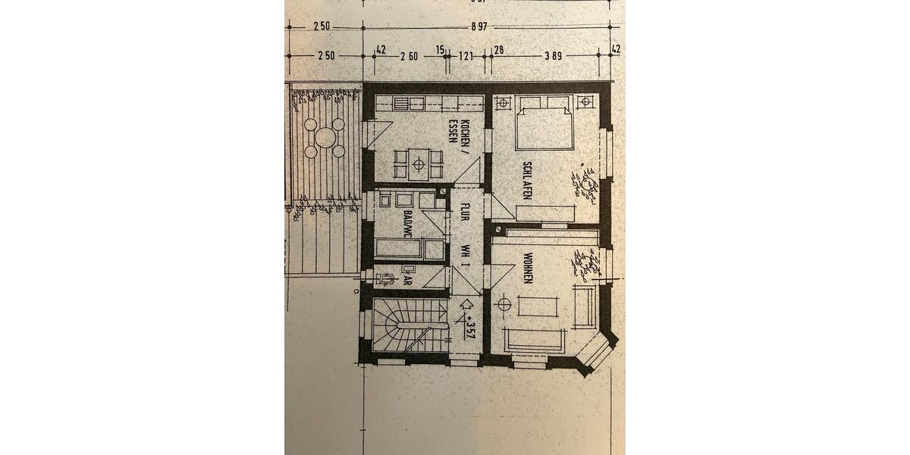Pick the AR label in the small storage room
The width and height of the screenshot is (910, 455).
point(407,279)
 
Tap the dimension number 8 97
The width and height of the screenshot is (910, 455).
point(478,26)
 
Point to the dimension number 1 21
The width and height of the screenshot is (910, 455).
point(466,55)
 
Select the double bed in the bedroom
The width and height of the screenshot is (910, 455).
point(544,126)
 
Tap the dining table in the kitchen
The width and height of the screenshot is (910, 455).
point(416,162)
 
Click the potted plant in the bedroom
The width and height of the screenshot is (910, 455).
point(585,185)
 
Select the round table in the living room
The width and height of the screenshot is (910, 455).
point(502,304)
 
